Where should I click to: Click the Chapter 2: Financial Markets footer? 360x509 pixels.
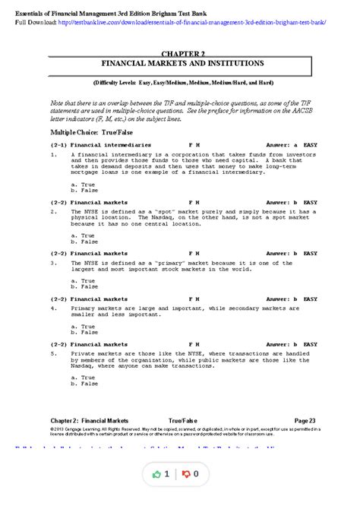[90, 420]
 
